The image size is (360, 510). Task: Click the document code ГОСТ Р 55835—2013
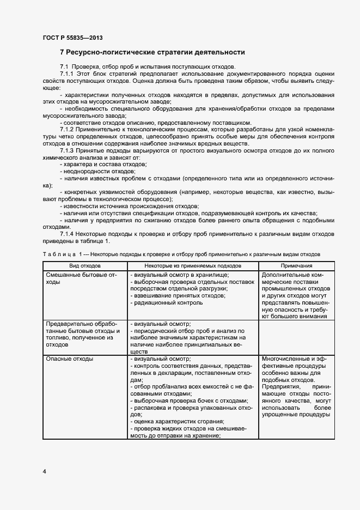72,38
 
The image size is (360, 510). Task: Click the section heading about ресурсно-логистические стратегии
152,52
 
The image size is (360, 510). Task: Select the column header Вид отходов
84,265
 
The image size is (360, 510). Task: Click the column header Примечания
296,265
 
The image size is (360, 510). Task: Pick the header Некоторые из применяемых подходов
193,265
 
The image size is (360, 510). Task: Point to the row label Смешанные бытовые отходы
82,278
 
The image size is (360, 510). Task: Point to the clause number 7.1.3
67,150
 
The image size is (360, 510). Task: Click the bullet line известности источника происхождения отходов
130,206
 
